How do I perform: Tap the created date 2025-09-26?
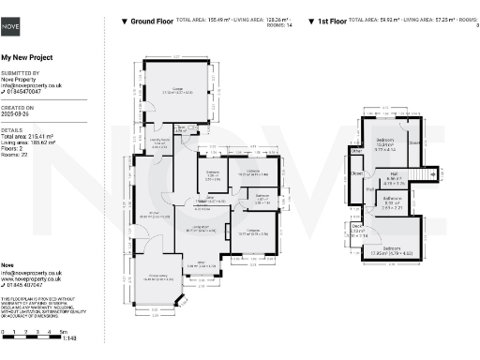point(18,114)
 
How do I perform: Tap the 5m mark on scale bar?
point(63,332)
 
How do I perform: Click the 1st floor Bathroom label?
point(391,201)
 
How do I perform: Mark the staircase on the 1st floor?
point(426,174)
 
